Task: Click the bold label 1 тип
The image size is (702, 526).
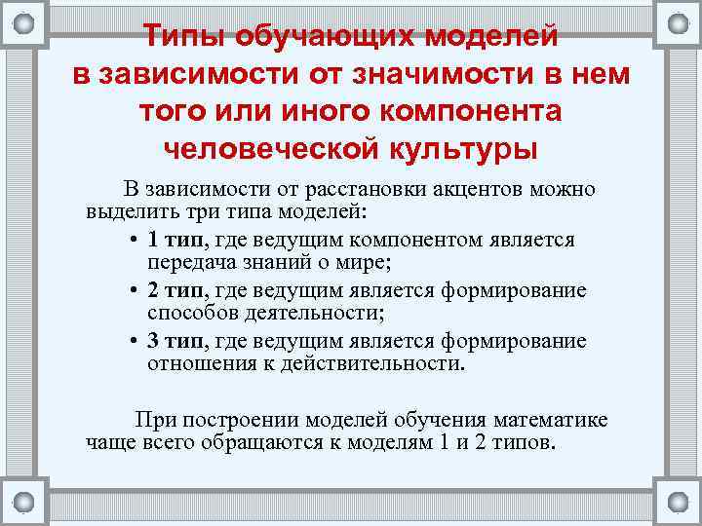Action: point(177,240)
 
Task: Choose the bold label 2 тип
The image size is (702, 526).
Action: point(177,290)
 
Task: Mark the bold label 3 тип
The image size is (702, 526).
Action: point(177,341)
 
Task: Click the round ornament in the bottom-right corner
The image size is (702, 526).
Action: point(677,501)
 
